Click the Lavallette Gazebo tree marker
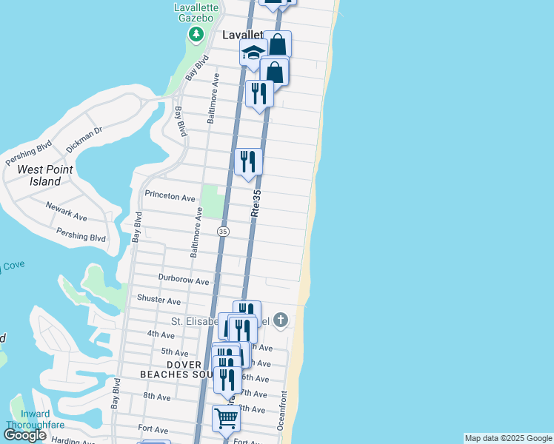coord(196,34)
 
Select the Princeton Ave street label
coord(170,198)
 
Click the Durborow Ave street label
coord(184,280)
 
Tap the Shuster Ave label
coord(158,300)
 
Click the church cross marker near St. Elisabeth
coord(280,320)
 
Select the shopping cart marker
coord(226,417)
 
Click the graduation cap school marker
coord(253,53)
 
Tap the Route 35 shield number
coord(223,232)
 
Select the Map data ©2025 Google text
coord(508,438)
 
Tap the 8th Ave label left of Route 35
coord(156,397)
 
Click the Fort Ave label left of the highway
coord(150,428)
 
